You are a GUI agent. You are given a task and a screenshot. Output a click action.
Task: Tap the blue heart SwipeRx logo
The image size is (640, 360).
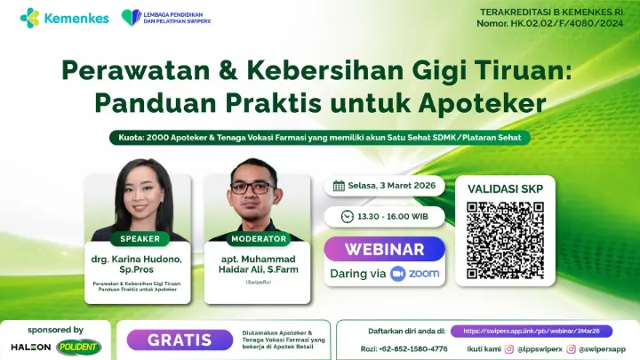[131, 17]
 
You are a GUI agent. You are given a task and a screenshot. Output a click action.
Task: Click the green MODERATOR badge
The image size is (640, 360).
[259, 238]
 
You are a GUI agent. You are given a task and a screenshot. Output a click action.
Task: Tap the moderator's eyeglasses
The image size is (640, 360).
[253, 188]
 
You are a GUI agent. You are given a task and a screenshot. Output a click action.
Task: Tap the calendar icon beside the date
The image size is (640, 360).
[339, 186]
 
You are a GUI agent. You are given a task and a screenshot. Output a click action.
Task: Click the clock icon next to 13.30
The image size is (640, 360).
[348, 216]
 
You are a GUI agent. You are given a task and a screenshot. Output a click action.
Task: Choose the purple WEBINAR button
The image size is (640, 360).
[384, 249]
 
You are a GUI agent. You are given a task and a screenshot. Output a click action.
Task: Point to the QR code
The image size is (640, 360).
[505, 238]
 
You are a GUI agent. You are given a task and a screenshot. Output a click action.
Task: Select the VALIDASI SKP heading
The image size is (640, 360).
[505, 188]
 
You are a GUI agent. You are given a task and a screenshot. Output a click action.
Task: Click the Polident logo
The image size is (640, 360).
[78, 346]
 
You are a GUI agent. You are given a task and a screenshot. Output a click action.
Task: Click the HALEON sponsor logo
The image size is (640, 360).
[30, 346]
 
